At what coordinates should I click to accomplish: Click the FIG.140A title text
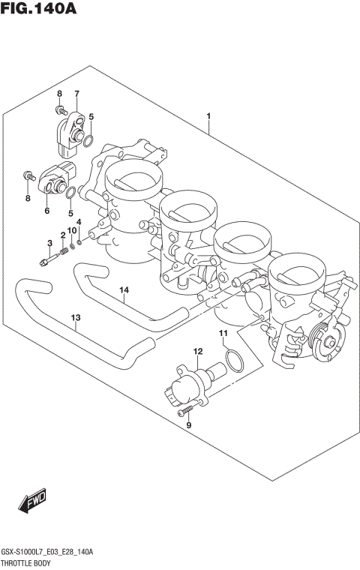(38, 10)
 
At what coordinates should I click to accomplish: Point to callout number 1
(208, 116)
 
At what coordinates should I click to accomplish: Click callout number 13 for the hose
(75, 318)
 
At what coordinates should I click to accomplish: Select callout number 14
(124, 289)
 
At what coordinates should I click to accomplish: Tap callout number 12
(198, 351)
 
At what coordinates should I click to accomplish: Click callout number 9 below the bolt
(189, 425)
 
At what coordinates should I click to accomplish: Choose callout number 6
(46, 211)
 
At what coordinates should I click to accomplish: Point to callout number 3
(49, 242)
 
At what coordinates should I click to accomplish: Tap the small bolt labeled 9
(182, 411)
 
